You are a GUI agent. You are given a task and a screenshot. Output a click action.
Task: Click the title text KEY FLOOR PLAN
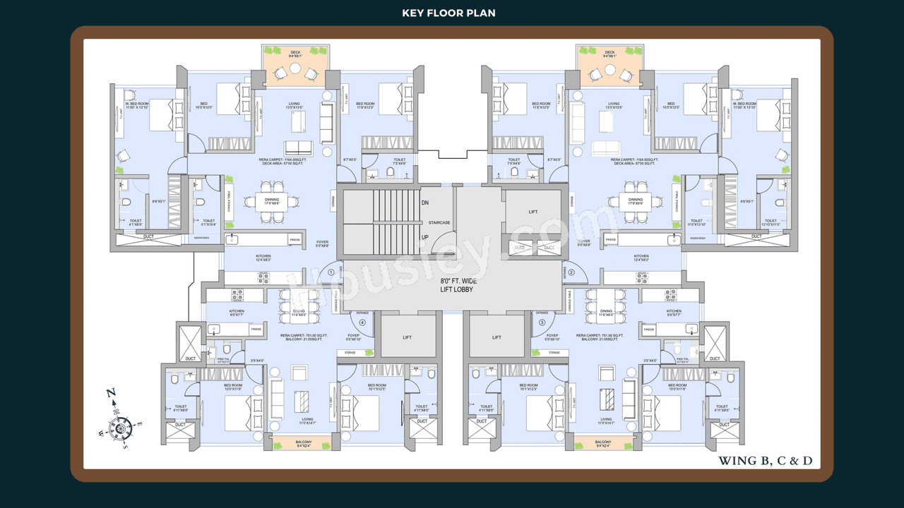point(448,13)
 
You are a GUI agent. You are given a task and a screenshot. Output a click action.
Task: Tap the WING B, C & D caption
point(766,461)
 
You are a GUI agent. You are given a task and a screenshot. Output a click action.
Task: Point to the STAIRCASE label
point(439,223)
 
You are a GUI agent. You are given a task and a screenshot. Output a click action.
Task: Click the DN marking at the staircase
point(425,203)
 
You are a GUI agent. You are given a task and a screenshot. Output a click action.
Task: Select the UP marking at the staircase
point(425,238)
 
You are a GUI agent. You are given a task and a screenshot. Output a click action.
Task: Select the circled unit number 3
point(542,322)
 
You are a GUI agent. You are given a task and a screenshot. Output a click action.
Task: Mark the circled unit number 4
point(362,322)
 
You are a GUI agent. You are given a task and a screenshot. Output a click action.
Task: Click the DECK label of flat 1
point(295,52)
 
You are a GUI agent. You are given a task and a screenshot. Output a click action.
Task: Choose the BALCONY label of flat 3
point(602,445)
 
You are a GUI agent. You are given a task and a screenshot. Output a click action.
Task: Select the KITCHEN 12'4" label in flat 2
point(641,257)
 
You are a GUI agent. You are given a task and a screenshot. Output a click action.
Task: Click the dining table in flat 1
point(272,201)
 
